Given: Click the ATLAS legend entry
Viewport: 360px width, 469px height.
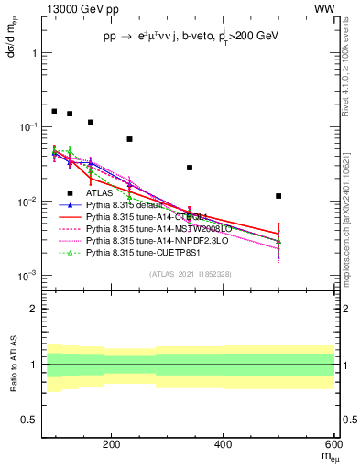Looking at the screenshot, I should point(100,193).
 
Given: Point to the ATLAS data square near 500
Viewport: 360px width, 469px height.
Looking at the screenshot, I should point(278,196).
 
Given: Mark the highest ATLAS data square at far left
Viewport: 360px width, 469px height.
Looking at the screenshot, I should point(54,111).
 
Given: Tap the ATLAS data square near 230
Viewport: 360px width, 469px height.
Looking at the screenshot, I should point(129,139).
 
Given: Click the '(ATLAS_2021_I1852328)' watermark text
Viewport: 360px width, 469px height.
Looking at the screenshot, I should point(190,274).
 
